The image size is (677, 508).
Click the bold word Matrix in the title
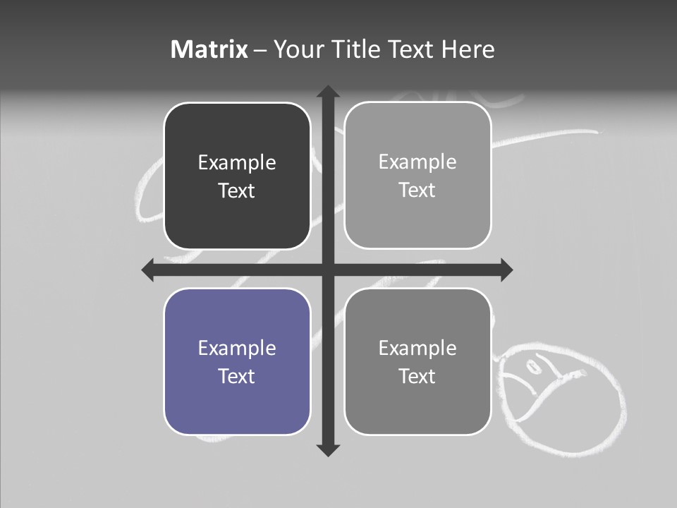click(x=209, y=49)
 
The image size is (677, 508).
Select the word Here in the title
click(x=468, y=49)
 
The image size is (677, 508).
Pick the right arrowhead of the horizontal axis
click(x=506, y=270)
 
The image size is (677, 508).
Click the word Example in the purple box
click(x=237, y=348)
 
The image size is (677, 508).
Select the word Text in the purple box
click(x=237, y=376)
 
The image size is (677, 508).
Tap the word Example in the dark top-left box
click(x=237, y=162)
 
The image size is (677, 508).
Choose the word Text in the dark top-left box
click(x=237, y=190)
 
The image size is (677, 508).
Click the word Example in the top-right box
click(x=417, y=162)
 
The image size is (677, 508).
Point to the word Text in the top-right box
click(x=417, y=190)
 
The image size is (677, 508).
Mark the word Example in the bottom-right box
click(x=417, y=348)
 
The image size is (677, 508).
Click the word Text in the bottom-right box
click(x=417, y=376)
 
